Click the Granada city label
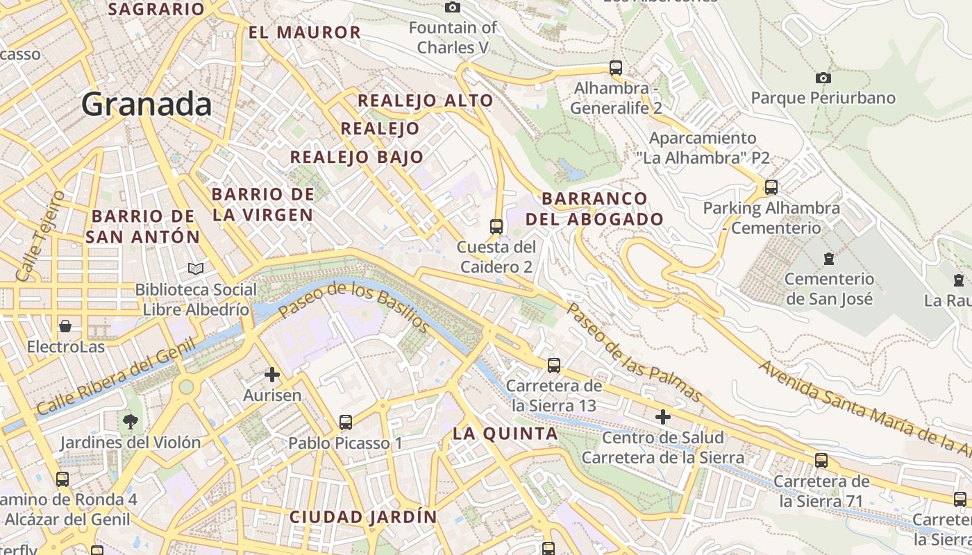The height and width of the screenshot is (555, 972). click(146, 105)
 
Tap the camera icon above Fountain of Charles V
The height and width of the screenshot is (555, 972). click(453, 7)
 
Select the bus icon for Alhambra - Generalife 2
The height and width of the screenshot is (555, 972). click(616, 68)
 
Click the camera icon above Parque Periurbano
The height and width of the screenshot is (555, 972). click(823, 78)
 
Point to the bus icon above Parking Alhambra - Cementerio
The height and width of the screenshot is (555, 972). click(771, 187)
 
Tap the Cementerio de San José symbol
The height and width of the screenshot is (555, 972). click(828, 259)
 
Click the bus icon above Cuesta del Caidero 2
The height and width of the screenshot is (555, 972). click(496, 226)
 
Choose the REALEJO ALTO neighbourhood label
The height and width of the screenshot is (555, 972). click(425, 101)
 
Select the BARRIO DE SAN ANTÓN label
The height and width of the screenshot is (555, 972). click(143, 226)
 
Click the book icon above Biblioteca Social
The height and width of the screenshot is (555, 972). click(196, 268)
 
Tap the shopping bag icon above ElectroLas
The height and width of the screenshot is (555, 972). click(65, 326)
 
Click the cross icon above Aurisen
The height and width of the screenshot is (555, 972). click(272, 375)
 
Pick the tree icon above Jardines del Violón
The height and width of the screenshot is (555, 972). click(130, 421)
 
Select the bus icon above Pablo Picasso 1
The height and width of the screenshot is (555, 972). click(345, 422)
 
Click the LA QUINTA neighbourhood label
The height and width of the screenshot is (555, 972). click(505, 434)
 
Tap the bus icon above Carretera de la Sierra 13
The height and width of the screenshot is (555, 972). click(553, 365)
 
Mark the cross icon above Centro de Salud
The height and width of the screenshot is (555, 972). click(663, 417)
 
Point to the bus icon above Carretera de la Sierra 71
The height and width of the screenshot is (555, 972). click(821, 460)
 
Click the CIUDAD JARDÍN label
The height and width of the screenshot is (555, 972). click(363, 517)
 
